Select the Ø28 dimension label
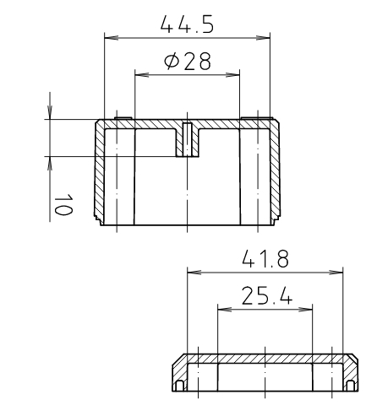coord(188,62)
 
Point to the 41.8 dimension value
coord(264,259)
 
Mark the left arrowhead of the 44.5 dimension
coord(108,36)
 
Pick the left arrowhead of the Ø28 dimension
coord(140,74)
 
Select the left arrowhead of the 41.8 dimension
coord(191,272)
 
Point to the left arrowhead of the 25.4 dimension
coord(222,308)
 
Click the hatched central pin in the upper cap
coord(188,140)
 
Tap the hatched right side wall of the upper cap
coord(275,173)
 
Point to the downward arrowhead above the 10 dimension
coord(51,113)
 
